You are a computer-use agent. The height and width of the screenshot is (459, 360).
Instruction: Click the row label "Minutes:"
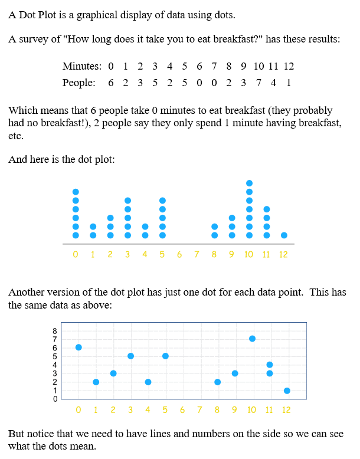pos(81,67)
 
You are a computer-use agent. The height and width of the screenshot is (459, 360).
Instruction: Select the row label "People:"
pos(79,83)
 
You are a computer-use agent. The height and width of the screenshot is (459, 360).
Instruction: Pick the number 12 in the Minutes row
pos(289,67)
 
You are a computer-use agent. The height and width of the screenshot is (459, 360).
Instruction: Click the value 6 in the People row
pos(111,83)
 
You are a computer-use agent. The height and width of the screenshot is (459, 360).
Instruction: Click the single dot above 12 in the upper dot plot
pos(284,235)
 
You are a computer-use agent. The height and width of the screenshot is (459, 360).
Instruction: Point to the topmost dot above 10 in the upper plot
pos(249,183)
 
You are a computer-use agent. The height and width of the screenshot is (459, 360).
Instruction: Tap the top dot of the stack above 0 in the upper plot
pos(76,192)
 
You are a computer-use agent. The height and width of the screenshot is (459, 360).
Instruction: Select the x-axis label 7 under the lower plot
pos(199,409)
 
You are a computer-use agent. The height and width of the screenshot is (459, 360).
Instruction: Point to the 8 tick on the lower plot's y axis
pos(55,331)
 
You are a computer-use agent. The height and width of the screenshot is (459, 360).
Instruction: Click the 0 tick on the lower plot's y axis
pos(55,399)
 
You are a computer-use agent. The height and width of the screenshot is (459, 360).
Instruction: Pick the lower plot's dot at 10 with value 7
pos(252,339)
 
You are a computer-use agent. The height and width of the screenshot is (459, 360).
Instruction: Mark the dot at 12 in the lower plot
pos(287,391)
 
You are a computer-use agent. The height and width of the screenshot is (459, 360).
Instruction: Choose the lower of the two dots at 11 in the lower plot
pos(270,373)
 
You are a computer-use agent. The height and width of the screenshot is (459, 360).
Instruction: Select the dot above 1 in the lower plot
pos(96,382)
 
